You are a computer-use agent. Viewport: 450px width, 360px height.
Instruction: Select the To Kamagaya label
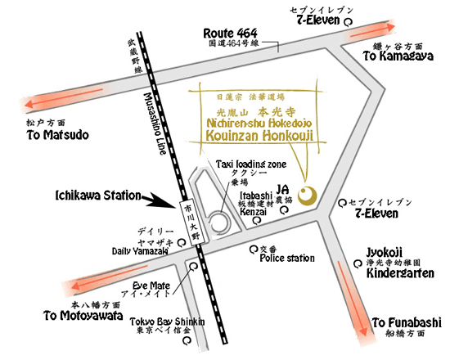click(x=394, y=57)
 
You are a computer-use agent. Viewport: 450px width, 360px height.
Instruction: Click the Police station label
click(x=287, y=259)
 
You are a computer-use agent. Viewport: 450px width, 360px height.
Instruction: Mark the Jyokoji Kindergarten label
click(x=398, y=267)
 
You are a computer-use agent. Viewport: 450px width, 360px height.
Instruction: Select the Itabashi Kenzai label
click(x=254, y=205)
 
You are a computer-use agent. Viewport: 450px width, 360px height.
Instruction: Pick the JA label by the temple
click(x=284, y=188)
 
